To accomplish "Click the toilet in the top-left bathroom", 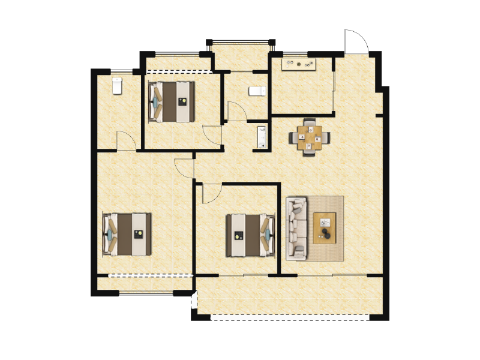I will (x=117, y=85).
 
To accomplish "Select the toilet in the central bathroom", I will (x=257, y=91).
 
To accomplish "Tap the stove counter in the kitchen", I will (x=299, y=64).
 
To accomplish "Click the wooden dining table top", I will (x=310, y=137).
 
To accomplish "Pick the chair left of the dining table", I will (x=295, y=138).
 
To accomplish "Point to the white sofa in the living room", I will (x=296, y=228).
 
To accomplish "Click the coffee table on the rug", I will (x=325, y=228).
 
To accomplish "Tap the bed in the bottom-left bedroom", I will (x=127, y=234).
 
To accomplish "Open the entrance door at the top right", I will (x=355, y=41).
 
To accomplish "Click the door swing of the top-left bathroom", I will (x=126, y=140).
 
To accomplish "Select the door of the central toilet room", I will (x=236, y=112).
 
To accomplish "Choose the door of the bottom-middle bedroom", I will (x=211, y=193).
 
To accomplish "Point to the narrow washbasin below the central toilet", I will (x=262, y=137).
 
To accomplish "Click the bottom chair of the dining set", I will (x=310, y=150).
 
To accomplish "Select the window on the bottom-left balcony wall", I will (x=145, y=293).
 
